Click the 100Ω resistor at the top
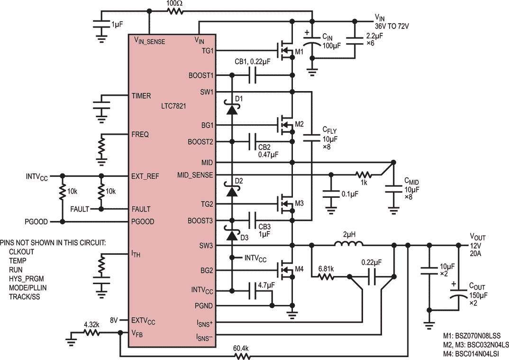coord(175,11)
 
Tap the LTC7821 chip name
coord(173,106)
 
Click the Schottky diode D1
coord(232,108)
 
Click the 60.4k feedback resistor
coord(241,356)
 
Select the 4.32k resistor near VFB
coord(91,332)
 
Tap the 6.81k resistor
coord(326,277)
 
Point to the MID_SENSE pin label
coord(195,175)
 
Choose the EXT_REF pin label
coord(145,176)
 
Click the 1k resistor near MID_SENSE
coord(364,175)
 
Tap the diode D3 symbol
coord(232,235)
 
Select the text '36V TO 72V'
coord(392,26)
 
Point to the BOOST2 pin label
coord(200,142)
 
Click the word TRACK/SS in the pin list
coord(24,296)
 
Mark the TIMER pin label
coord(141,96)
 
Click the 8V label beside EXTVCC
coord(114,320)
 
